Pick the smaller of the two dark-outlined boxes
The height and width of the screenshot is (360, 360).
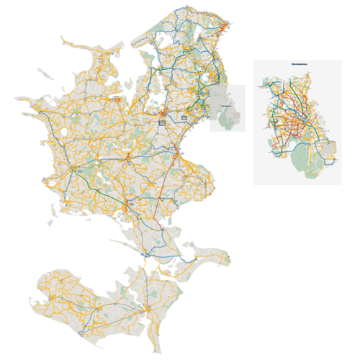(184, 117)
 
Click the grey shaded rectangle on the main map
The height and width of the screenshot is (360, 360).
(228, 108)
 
